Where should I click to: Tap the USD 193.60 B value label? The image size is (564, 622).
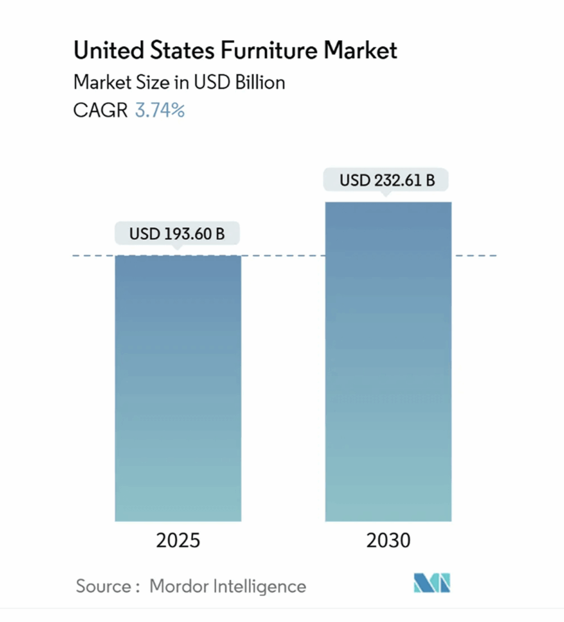177,233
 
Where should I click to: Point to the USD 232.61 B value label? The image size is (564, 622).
387,180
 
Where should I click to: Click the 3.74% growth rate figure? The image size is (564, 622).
160,111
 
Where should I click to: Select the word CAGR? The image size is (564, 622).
100,111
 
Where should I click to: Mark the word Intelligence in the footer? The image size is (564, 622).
260,586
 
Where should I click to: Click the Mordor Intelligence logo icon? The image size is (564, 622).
432,583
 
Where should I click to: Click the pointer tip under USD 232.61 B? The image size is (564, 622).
384,194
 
